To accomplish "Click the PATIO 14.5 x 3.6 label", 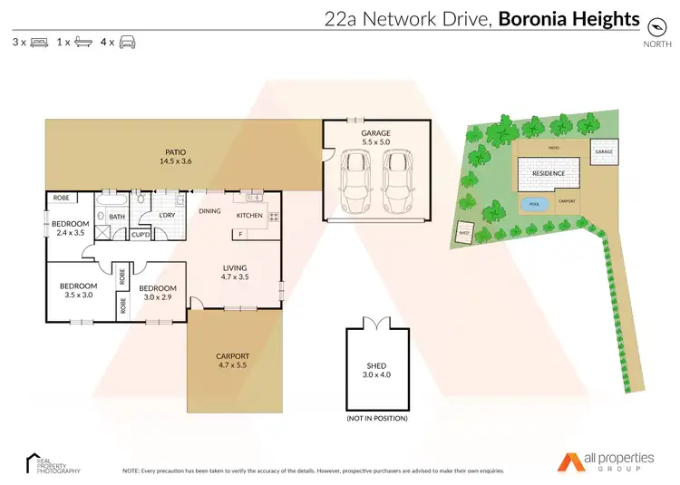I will point(177,157).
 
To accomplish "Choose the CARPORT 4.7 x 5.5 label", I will point(233,360).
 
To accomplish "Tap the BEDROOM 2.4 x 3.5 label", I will point(70,228).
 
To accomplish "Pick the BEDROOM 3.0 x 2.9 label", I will point(158,293).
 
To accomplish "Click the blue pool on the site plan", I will point(533,202).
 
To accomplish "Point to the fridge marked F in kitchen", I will point(239,235).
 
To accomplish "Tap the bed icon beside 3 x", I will point(39,43).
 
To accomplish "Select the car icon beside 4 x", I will point(128,43).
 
